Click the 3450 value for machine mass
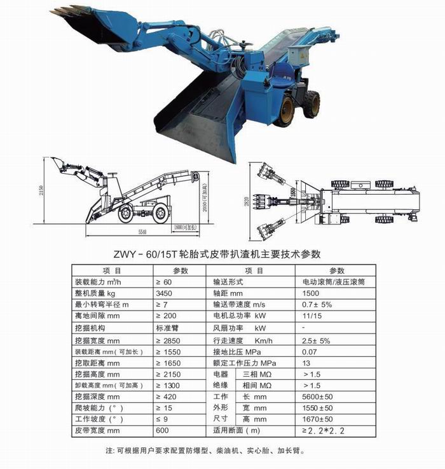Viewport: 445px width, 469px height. coord(164,293)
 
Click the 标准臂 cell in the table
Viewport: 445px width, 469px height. coord(168,328)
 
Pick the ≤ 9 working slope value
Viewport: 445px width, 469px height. coord(165,420)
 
